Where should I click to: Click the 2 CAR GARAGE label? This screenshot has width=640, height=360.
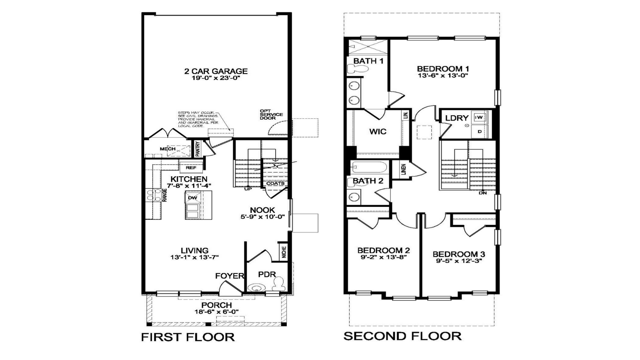point(216,71)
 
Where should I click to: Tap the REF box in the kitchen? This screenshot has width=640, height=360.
point(191,168)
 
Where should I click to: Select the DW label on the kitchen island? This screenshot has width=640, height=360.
point(192,198)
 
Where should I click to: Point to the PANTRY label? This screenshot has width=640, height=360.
point(198,148)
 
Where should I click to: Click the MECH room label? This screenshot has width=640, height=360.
point(168,149)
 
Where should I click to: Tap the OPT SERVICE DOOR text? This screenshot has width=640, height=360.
point(271,115)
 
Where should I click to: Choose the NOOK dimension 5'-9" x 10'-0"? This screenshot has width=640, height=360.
point(262,217)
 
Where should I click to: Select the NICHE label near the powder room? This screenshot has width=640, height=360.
point(284,252)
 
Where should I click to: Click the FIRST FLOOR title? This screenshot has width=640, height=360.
point(188,337)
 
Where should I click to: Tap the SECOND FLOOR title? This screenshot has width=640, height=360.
point(402,336)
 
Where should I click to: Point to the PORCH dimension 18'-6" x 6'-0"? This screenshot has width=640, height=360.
point(216,312)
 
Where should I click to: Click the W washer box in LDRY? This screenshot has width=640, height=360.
point(479,117)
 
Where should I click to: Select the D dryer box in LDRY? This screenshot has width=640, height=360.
point(480,131)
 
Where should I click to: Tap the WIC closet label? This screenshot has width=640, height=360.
point(378,132)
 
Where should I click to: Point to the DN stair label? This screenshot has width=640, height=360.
point(482,193)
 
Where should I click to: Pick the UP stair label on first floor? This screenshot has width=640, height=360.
point(248,189)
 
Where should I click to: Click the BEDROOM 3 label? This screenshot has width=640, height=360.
point(459,254)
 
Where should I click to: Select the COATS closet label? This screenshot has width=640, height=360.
point(275,184)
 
